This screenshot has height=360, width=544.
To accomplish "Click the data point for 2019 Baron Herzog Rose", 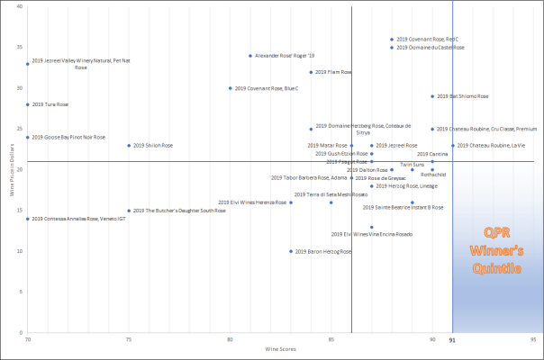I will [291, 251].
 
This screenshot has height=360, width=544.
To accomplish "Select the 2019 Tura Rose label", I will [50, 104].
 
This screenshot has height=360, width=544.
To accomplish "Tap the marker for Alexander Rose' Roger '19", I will [250, 56].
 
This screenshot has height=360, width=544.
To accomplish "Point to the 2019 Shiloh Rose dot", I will [129, 145].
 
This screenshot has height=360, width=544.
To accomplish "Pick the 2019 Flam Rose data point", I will [311, 72].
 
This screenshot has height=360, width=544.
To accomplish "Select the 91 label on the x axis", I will [452, 339].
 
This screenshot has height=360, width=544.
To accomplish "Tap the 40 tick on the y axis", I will [20, 7].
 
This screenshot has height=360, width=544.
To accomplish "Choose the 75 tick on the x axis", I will [129, 339].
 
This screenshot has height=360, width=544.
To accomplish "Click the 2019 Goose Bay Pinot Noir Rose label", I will [68, 138].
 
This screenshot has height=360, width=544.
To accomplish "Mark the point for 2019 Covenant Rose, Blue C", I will [231, 88].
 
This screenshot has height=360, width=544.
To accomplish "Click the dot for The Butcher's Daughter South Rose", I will [129, 211].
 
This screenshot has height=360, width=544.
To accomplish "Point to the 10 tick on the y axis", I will [20, 251].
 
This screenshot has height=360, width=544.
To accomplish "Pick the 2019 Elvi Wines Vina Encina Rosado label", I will [372, 234].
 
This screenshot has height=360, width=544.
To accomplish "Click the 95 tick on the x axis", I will [534, 339].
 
